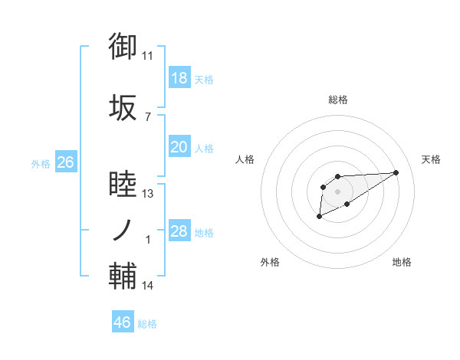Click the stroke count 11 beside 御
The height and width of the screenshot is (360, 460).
click(x=148, y=56)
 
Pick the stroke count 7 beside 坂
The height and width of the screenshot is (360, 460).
click(x=148, y=116)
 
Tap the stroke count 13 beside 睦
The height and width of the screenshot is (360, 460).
click(x=148, y=195)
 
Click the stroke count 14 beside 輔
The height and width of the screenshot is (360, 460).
click(x=148, y=286)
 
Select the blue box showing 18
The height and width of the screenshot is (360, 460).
click(x=179, y=78)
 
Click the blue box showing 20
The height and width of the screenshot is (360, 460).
click(x=179, y=147)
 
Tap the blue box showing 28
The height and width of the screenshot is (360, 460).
click(x=179, y=231)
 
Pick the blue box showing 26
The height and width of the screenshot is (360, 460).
click(x=66, y=162)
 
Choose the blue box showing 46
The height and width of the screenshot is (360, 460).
click(x=123, y=322)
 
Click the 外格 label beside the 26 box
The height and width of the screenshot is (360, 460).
click(x=41, y=163)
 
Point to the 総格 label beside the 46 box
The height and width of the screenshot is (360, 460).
click(x=147, y=324)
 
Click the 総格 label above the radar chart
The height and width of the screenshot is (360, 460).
click(x=338, y=100)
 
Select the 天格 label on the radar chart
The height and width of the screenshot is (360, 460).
click(x=432, y=159)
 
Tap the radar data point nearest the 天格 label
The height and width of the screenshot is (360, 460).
click(x=396, y=172)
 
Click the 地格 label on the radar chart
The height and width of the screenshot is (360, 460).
click(x=402, y=262)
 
